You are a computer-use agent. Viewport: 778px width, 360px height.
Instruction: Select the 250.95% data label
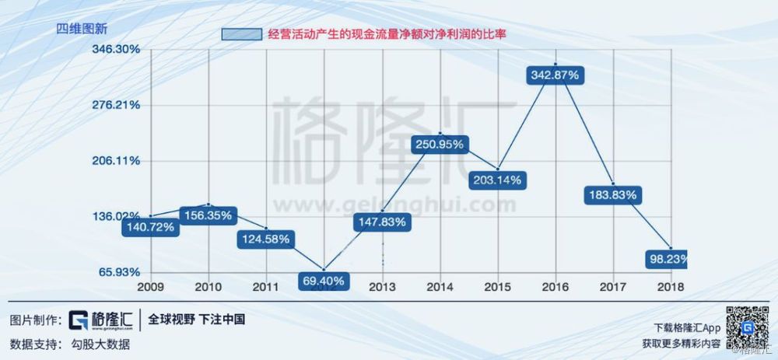point(440,144)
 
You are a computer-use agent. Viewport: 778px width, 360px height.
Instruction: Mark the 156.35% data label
point(207,215)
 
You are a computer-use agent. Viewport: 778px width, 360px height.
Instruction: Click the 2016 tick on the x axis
point(555,286)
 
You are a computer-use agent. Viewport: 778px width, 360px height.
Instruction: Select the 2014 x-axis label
point(440,286)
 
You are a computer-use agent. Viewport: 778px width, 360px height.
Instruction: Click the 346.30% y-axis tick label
point(117,48)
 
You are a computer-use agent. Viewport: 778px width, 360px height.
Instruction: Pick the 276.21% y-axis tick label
point(117,104)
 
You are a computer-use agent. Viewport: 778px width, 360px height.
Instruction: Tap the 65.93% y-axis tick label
point(118,272)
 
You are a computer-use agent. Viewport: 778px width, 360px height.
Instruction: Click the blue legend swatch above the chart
point(241,34)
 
